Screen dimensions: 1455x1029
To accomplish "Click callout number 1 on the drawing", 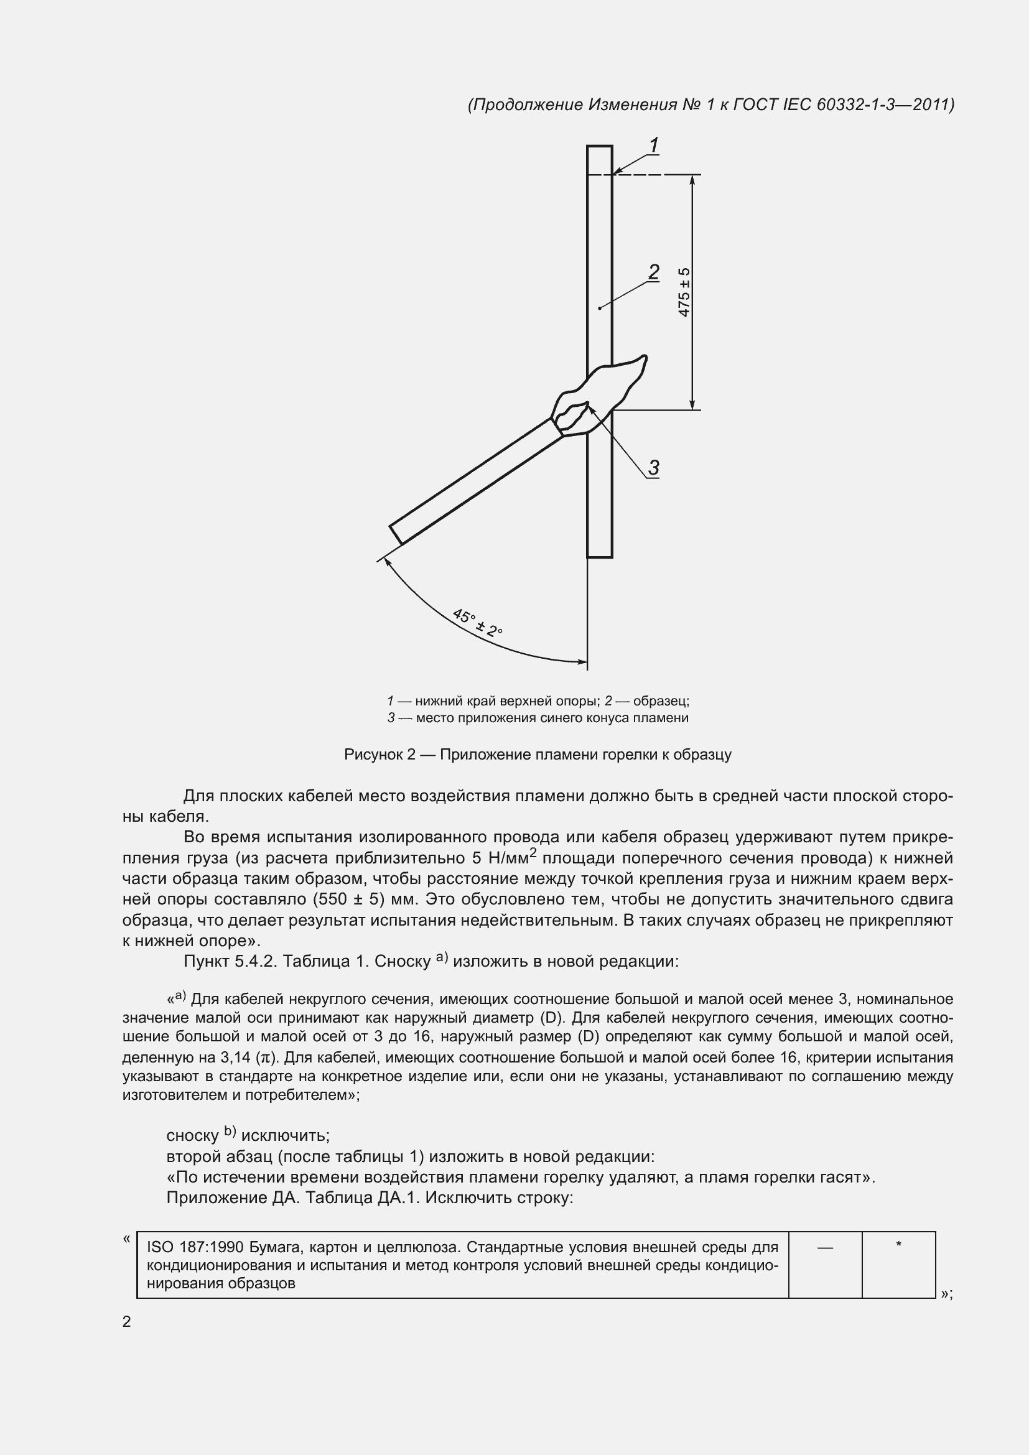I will point(654,145).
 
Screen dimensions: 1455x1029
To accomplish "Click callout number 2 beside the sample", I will point(654,272).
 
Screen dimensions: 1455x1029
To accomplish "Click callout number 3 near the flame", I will point(654,468).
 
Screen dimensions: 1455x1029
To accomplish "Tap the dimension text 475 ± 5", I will point(684,292).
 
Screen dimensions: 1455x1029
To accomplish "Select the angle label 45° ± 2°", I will point(477,623).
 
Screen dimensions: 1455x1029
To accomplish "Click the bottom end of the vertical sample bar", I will point(599,556).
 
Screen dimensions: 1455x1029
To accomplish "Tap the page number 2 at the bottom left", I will point(127,1321).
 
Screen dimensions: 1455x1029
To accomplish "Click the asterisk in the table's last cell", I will point(898,1245).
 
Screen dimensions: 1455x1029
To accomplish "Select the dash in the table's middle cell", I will point(825,1247).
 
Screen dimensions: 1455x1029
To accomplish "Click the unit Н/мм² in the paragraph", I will point(513,857).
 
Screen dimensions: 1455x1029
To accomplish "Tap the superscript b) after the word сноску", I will point(230,1131).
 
